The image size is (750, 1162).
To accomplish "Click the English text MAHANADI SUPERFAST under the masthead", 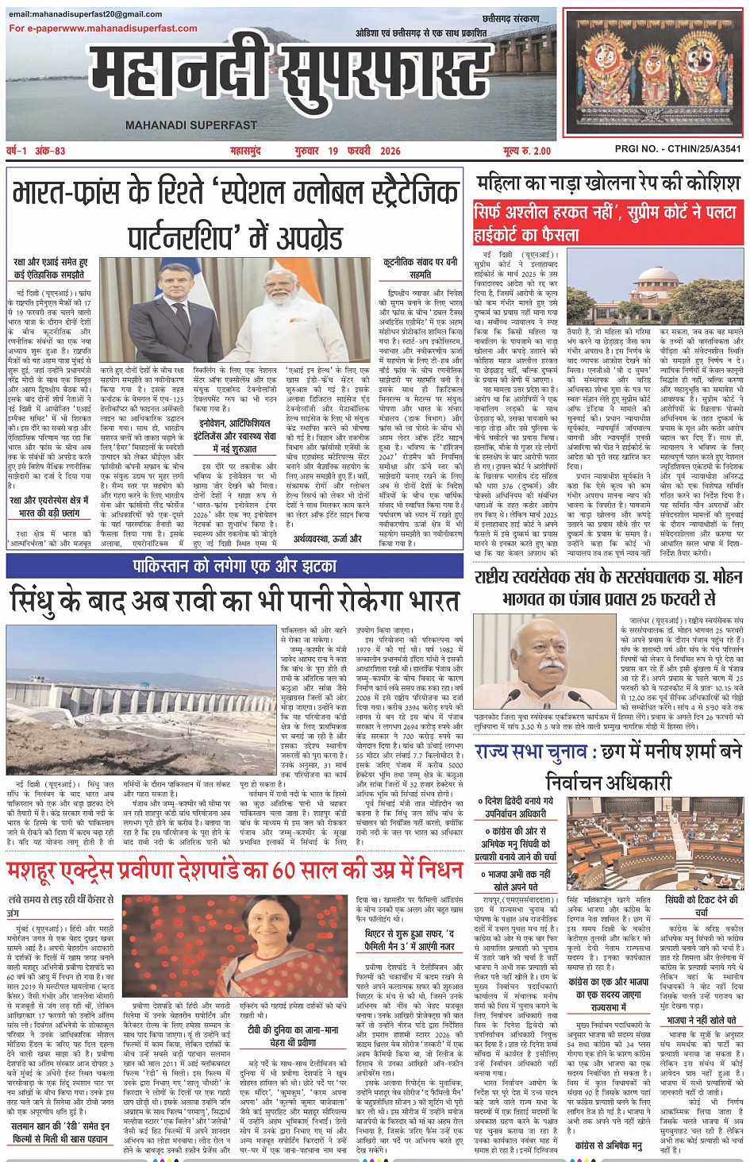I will tap(191, 125).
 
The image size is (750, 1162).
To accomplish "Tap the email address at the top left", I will tap(86, 14).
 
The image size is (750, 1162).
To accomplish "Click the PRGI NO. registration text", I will tap(678, 148).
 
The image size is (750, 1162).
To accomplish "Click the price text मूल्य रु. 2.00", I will tap(526, 151).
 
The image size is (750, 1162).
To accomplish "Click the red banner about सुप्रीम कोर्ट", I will tap(608, 223).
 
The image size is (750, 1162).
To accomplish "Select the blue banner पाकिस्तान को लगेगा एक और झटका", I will tap(235, 566).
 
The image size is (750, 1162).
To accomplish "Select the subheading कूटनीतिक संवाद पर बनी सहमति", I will tap(420, 268).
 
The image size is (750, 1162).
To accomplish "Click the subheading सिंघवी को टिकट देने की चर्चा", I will tap(702, 906).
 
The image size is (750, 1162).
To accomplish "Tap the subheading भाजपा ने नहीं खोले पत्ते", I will tap(702, 1019).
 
